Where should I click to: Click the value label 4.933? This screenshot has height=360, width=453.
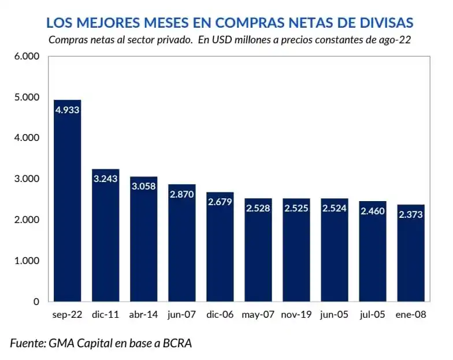(67, 109)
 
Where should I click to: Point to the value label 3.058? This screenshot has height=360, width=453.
(143, 186)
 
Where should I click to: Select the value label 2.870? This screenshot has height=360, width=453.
(181, 194)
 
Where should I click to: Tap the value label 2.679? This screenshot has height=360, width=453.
(220, 202)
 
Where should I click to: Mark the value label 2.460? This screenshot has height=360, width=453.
(373, 211)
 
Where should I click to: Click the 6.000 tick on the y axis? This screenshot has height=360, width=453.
(27, 56)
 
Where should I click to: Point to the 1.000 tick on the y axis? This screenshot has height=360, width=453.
(27, 261)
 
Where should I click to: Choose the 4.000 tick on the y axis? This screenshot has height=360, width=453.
(27, 138)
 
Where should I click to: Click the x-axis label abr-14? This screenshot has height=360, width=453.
(143, 316)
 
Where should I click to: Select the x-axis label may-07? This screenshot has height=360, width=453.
(258, 316)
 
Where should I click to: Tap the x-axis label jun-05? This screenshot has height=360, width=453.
(335, 316)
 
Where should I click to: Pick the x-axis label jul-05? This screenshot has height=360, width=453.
(373, 316)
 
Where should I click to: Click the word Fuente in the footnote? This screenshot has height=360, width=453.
(27, 343)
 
